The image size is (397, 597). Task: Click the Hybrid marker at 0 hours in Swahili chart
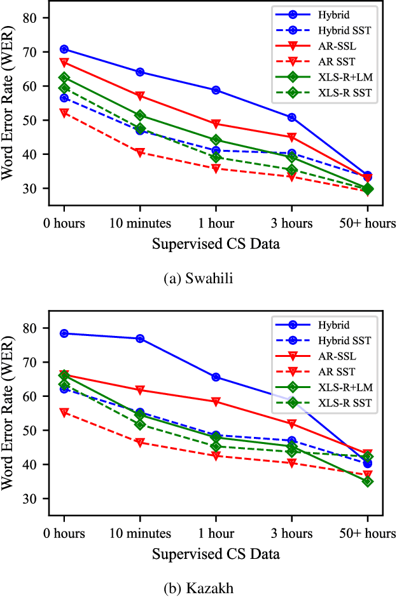click(x=64, y=49)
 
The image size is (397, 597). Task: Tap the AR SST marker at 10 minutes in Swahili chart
click(x=139, y=152)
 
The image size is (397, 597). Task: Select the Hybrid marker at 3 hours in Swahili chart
click(x=291, y=117)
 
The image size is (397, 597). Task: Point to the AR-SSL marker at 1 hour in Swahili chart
click(x=216, y=124)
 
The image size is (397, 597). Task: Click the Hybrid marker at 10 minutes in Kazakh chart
click(x=139, y=339)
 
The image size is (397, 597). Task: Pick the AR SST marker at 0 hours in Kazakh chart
click(x=64, y=412)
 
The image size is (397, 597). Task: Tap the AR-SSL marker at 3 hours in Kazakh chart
click(x=291, y=424)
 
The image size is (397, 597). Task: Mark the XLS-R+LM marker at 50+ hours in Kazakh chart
click(x=367, y=481)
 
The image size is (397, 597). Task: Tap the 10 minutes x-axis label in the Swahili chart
click(x=139, y=224)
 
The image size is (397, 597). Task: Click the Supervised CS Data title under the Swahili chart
click(x=215, y=243)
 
